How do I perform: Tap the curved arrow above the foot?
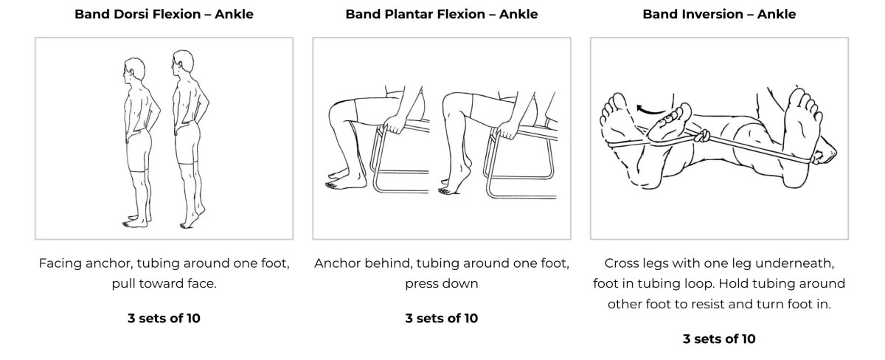pos(650,110)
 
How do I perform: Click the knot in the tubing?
pos(702,136)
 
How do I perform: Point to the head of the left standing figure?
pos(134,70)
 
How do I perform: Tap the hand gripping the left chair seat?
pos(392,125)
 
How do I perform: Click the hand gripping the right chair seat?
pos(506,130)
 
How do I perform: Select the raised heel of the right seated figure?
pos(466,165)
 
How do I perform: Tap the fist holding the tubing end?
pos(824,154)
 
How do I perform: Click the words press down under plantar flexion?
pos(442,284)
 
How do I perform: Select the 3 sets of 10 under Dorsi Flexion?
pos(164,318)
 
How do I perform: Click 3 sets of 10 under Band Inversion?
pos(719,339)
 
